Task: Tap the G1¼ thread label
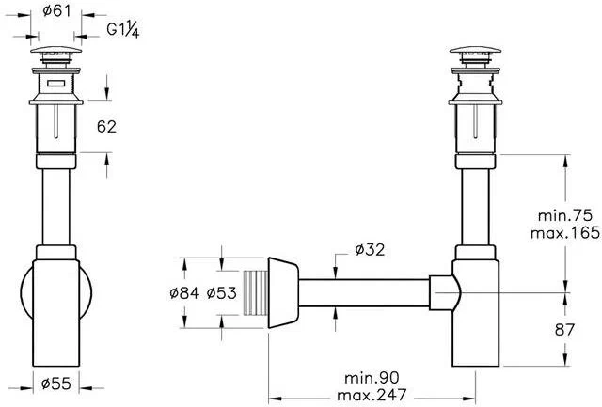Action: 123,29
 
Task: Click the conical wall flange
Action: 283,291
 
